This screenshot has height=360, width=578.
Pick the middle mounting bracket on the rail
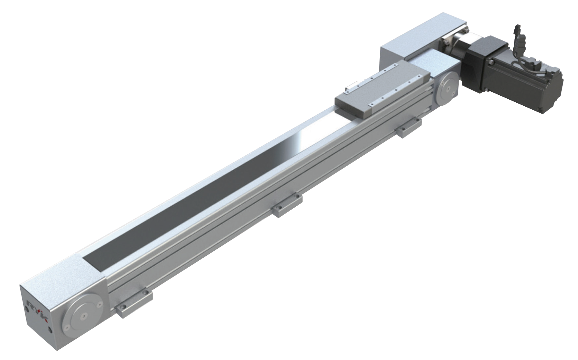pos(287,205)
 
